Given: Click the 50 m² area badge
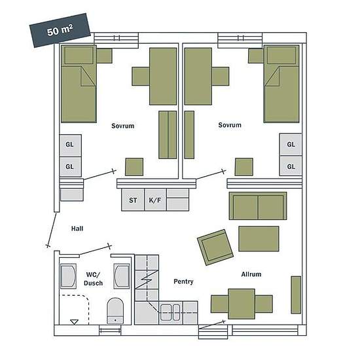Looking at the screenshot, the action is click(x=60, y=30).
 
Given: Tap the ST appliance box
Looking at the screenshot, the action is click(x=133, y=200).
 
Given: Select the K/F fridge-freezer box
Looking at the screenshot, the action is click(x=155, y=200).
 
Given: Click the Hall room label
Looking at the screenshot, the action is click(x=77, y=228).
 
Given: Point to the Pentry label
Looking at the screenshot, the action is click(x=183, y=281).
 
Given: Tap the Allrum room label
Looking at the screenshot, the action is click(x=251, y=274).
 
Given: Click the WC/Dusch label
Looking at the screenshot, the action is click(x=93, y=279).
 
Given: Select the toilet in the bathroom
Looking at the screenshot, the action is click(x=115, y=311).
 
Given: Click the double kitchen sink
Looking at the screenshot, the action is click(x=170, y=312).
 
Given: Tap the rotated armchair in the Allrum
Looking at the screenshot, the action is click(x=215, y=247).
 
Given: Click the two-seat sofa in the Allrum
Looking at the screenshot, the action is click(x=258, y=206).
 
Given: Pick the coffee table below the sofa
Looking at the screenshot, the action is click(x=259, y=238).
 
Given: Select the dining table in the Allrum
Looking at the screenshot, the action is click(x=242, y=304).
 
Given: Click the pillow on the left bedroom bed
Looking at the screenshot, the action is click(x=79, y=55).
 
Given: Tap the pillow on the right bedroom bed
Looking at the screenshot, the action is click(x=281, y=55).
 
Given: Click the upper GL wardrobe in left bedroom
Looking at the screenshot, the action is click(x=70, y=145).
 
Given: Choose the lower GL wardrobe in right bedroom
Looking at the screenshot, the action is click(x=291, y=166).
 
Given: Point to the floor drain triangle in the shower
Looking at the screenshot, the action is click(x=74, y=321).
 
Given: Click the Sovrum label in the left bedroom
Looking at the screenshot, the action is click(x=123, y=126).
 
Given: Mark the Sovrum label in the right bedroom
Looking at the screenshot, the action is click(x=230, y=125).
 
